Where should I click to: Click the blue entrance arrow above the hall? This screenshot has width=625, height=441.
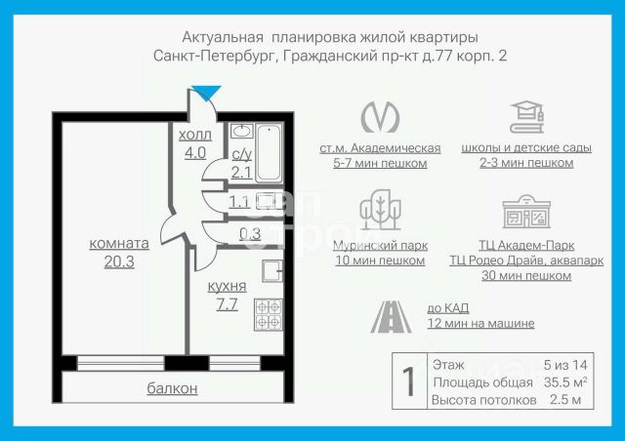click(206, 94)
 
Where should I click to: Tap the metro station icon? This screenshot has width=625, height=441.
click(380, 116)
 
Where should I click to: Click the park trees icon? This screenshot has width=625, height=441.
click(379, 212)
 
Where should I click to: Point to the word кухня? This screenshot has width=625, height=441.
click(227, 286)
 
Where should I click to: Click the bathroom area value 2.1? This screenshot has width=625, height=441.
click(241, 173)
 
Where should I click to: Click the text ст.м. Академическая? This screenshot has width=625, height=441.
click(380, 148)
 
